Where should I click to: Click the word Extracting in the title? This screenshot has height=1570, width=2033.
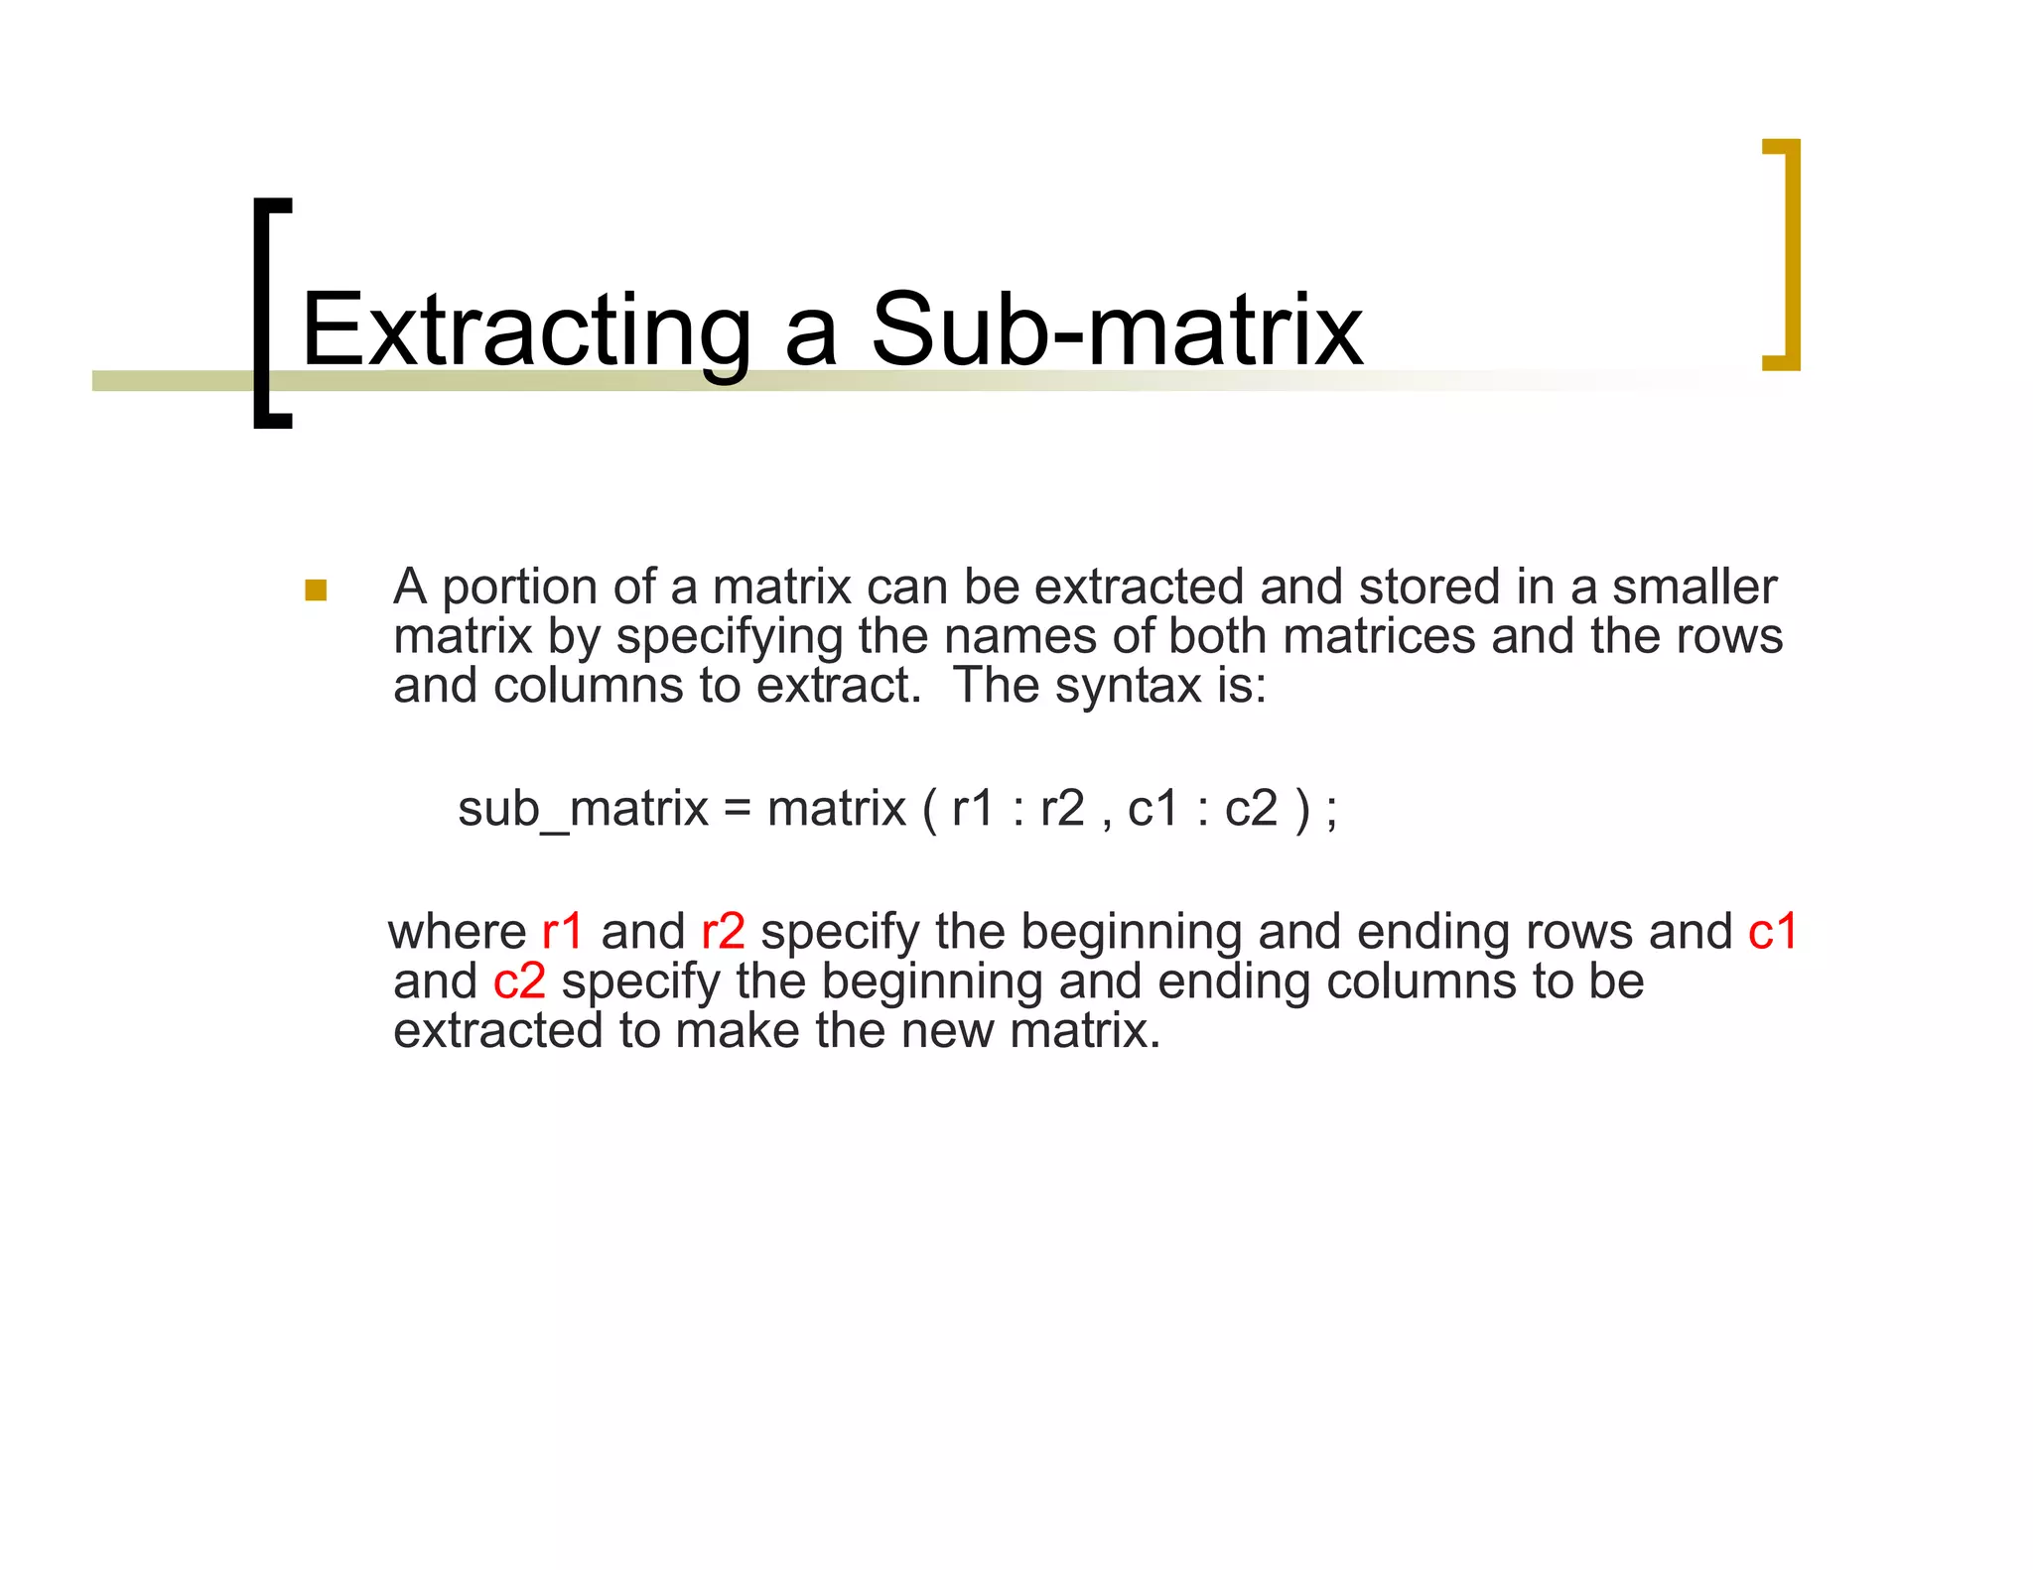pos(526,330)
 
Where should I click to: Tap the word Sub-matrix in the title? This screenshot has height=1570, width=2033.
pos(1116,330)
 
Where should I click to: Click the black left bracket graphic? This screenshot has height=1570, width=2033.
pos(264,313)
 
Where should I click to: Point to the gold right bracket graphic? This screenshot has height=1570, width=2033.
pos(1788,254)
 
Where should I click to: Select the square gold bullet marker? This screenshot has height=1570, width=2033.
pos(316,590)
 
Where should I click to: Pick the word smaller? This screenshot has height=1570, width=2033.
pos(1694,587)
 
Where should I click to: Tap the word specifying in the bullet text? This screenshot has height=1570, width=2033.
pos(729,637)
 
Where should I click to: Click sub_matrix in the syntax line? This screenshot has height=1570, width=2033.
pos(583,809)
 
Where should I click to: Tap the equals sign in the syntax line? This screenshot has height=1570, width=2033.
pos(737,809)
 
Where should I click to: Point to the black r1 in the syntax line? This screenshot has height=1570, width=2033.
pos(973,809)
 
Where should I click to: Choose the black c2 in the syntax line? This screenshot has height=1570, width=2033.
pos(1251,809)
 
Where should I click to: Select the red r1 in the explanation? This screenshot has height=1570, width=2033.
pos(563,932)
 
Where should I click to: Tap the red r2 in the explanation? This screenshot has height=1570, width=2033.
pos(723,932)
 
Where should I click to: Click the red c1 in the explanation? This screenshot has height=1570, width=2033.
pos(1772,932)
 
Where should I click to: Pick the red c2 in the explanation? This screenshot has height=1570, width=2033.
pos(519,981)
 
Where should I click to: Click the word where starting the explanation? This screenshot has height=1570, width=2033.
pos(457,932)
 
